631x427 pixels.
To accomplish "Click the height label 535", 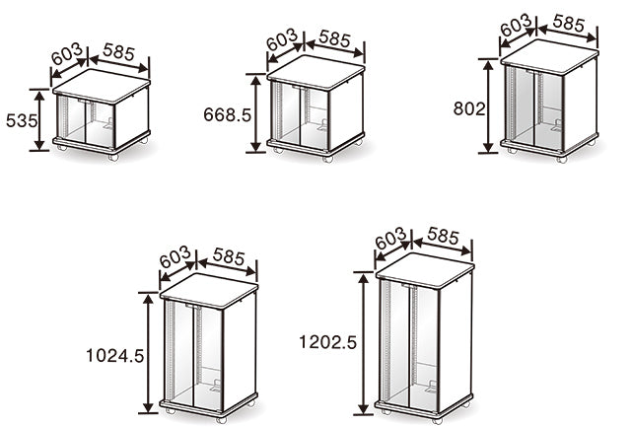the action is coord(22,120).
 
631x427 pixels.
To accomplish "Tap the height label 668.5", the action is coord(228,115).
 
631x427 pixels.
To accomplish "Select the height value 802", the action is coord(469,109).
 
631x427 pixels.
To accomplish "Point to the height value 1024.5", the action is coord(115,356).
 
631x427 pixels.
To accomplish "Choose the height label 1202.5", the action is coord(327,342).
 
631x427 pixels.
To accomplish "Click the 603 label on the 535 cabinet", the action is coord(67,54).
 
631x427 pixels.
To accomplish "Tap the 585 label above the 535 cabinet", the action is coord(118,52).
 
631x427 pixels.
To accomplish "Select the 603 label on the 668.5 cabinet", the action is coord(282,39).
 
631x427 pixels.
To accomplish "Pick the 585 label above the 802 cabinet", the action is coord(569,23).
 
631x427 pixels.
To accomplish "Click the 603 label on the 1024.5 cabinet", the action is coord(175,257).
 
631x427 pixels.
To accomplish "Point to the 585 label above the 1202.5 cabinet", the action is coord(443,237).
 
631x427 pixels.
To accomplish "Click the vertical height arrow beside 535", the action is coord(39,120).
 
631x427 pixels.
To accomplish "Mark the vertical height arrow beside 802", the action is coord(488,107).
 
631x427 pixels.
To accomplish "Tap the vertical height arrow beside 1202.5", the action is coord(364,343).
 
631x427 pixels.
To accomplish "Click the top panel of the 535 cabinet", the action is coord(102,86).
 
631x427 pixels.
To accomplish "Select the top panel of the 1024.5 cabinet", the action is coord(209,291).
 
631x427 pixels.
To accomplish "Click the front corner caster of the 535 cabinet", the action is coord(113,158).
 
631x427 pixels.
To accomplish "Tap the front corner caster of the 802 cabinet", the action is coord(562,160).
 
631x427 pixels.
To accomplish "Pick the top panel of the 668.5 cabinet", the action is coord(315,72).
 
